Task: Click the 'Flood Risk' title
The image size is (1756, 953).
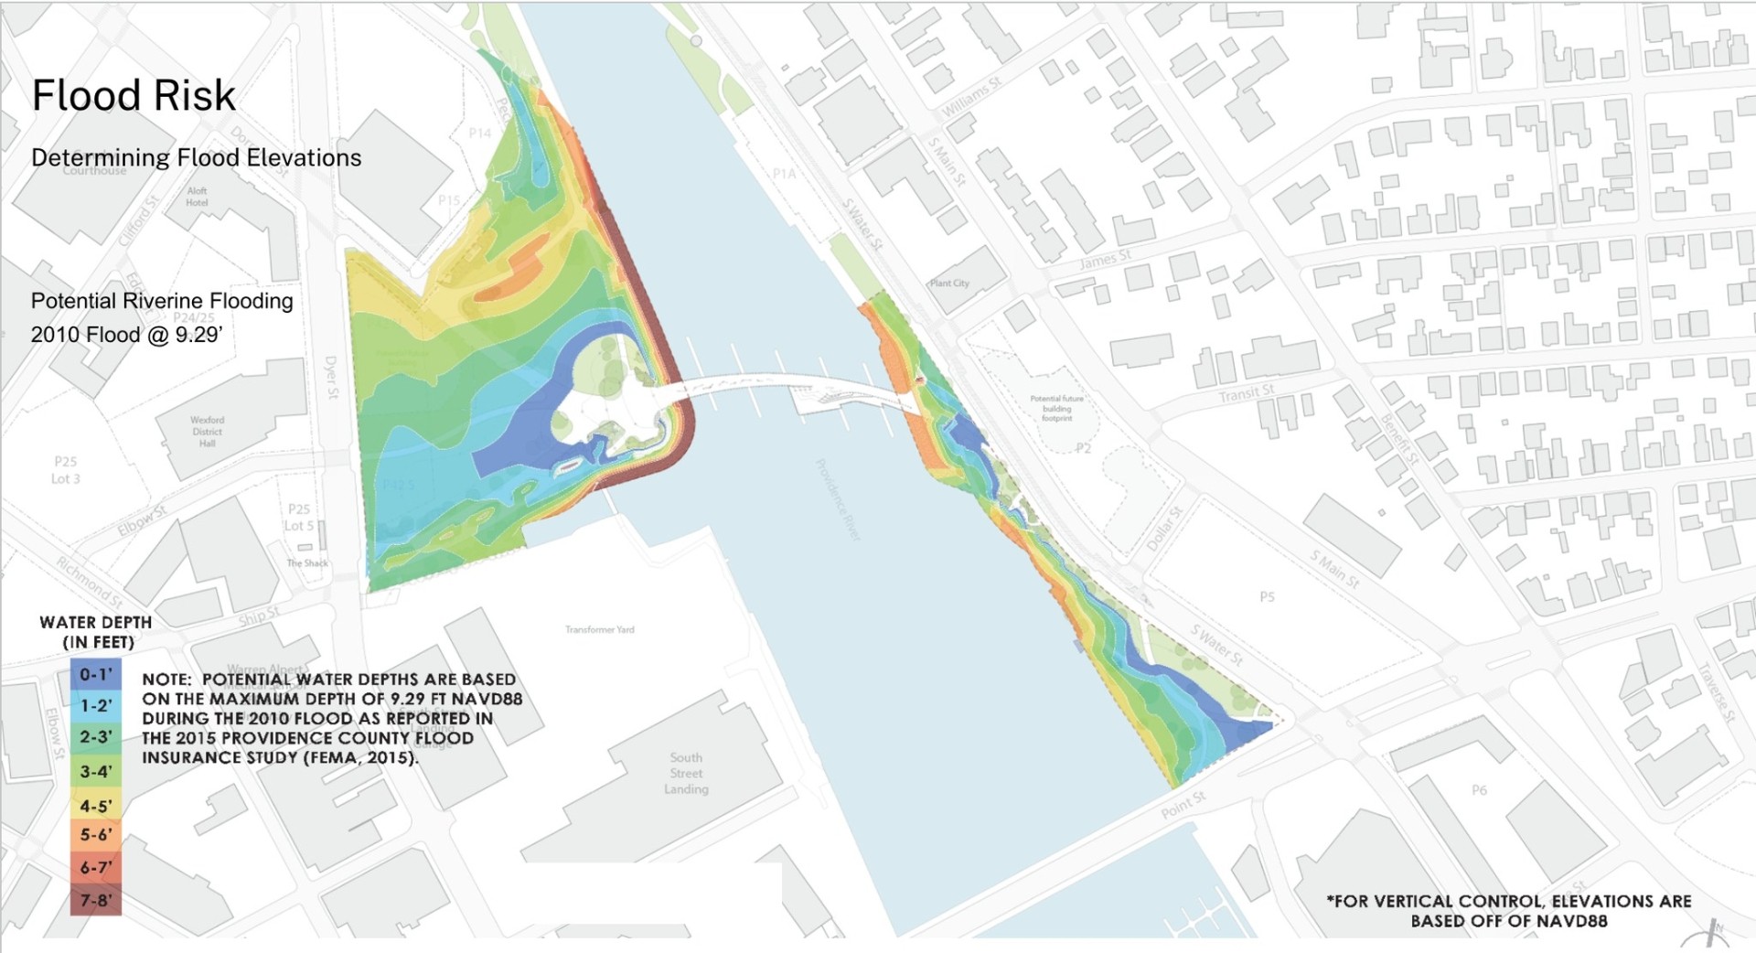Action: point(134,96)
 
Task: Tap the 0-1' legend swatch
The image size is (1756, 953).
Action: point(95,675)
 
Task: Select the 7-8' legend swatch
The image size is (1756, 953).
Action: point(95,900)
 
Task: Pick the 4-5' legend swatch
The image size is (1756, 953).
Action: point(95,806)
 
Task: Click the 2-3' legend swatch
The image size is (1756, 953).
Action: point(95,736)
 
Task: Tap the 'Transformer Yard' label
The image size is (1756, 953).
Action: point(599,629)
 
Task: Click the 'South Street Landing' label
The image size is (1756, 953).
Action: point(686,773)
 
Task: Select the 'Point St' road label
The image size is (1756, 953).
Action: point(1183,805)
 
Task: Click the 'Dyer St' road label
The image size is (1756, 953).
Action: point(331,378)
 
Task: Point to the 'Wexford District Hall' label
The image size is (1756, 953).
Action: point(208,432)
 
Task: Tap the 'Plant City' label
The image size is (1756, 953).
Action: point(949,284)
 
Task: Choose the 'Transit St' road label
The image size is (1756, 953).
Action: point(1246,394)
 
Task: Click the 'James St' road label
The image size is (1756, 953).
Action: point(1105,259)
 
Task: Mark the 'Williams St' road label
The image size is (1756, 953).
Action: point(971,96)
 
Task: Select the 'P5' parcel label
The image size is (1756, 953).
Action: point(1267,597)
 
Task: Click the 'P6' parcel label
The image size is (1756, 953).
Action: point(1479,790)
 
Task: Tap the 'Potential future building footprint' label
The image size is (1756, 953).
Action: point(1056,408)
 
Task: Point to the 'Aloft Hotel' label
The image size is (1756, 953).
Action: point(197,197)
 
